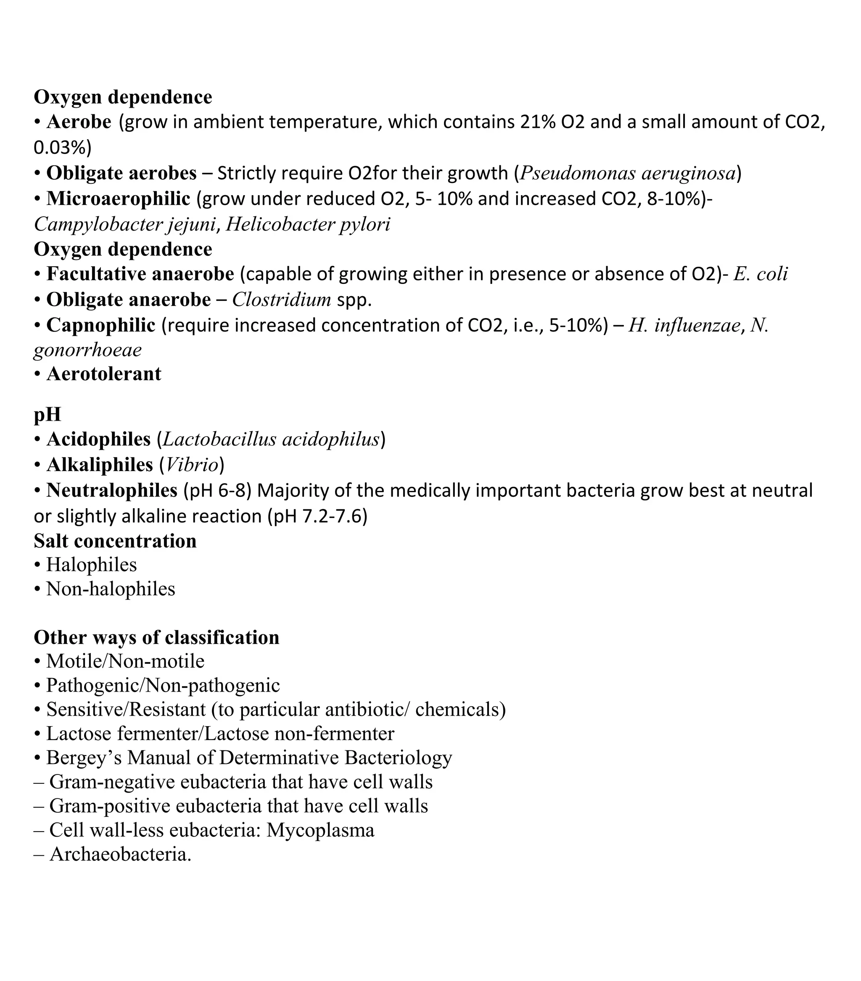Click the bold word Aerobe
pyautogui.click(x=79, y=122)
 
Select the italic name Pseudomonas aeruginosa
pyautogui.click(x=627, y=173)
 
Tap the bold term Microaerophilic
pyautogui.click(x=118, y=199)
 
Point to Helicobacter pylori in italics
pyautogui.click(x=307, y=224)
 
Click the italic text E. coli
pyautogui.click(x=760, y=274)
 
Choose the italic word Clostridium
pyautogui.click(x=282, y=300)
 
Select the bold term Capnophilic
pyautogui.click(x=101, y=326)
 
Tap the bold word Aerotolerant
pyautogui.click(x=103, y=374)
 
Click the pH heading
pyautogui.click(x=47, y=415)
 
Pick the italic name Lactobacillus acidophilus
pyautogui.click(x=271, y=439)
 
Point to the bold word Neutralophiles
pyautogui.click(x=112, y=490)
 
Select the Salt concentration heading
pyautogui.click(x=115, y=541)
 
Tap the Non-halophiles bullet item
pyautogui.click(x=110, y=589)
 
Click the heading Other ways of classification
pyautogui.click(x=156, y=637)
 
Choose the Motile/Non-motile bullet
pyautogui.click(x=125, y=661)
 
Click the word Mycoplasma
pyautogui.click(x=320, y=830)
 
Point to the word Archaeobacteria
pyautogui.click(x=120, y=854)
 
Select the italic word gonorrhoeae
pyautogui.click(x=88, y=350)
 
